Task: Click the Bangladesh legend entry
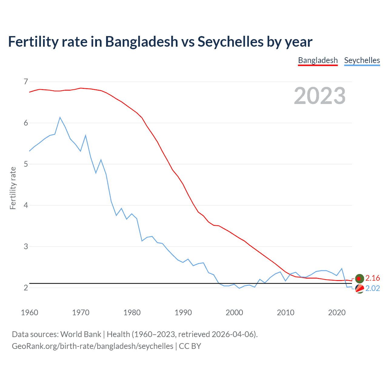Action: [x=318, y=60]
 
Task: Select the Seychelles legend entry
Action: [x=362, y=60]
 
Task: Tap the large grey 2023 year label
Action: [x=319, y=96]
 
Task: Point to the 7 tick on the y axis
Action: [x=26, y=82]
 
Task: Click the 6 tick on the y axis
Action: [x=26, y=123]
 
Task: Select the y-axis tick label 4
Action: [x=26, y=205]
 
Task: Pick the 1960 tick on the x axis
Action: [x=29, y=313]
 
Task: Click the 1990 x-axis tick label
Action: [x=183, y=313]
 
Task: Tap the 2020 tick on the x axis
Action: [x=337, y=313]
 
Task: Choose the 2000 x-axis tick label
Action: [x=234, y=313]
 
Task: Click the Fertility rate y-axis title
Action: [x=13, y=188]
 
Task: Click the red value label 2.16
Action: [x=373, y=278]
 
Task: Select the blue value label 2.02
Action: [x=373, y=288]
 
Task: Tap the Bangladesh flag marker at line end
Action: [x=360, y=278]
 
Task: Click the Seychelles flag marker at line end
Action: [x=360, y=289]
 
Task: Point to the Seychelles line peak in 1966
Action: [x=60, y=117]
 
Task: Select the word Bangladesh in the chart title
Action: [x=142, y=42]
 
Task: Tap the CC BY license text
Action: [x=190, y=346]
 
